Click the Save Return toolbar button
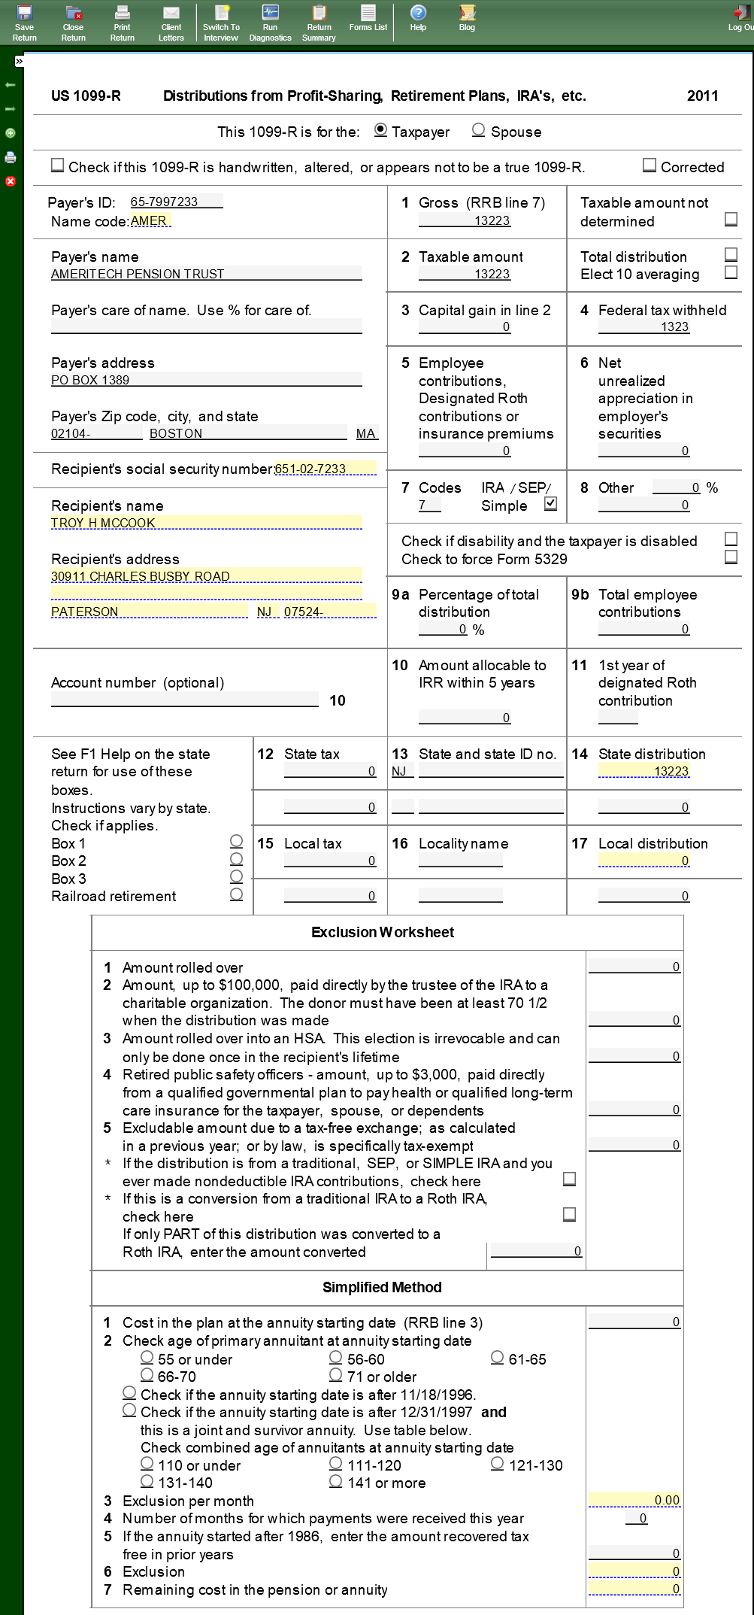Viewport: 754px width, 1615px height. pyautogui.click(x=24, y=23)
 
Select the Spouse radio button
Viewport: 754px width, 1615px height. pyautogui.click(x=478, y=130)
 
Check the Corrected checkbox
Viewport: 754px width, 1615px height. pyautogui.click(x=650, y=165)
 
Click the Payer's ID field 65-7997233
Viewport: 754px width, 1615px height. pyautogui.click(x=176, y=202)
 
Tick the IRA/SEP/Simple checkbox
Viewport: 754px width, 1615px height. pyautogui.click(x=551, y=504)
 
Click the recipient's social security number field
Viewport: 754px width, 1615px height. pyautogui.click(x=325, y=469)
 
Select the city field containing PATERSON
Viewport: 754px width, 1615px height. pyautogui.click(x=149, y=612)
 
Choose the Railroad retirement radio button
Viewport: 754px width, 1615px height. pyautogui.click(x=236, y=894)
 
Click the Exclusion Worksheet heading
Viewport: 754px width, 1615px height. pyautogui.click(x=383, y=932)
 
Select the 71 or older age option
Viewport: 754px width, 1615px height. pyautogui.click(x=336, y=1375)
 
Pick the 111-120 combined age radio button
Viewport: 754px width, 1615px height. pyautogui.click(x=336, y=1464)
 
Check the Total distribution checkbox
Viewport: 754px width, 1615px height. pyautogui.click(x=731, y=254)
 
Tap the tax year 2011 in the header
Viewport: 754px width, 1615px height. pyautogui.click(x=702, y=96)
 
